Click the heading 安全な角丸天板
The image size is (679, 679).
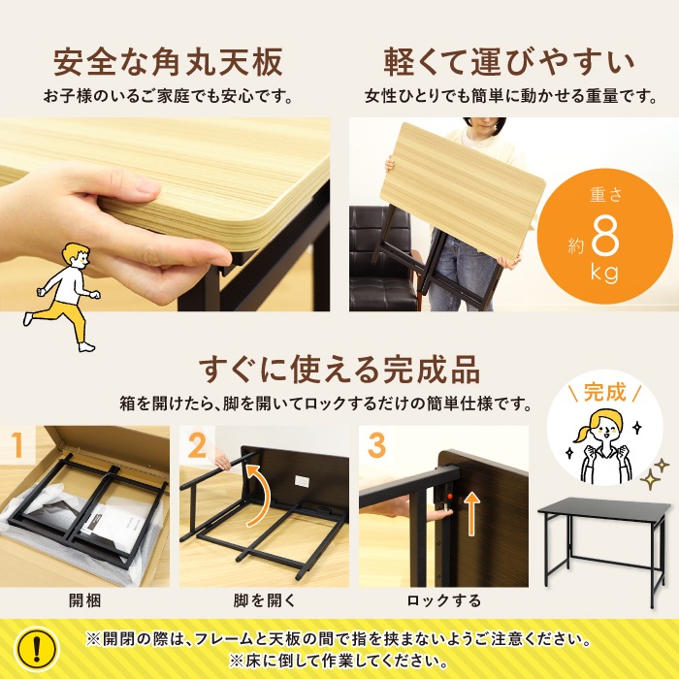click(168, 62)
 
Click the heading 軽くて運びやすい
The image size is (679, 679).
click(509, 62)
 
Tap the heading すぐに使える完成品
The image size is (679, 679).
click(339, 370)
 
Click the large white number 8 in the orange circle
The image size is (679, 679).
click(605, 237)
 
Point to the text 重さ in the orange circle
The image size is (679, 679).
click(605, 195)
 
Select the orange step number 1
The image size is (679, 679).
click(16, 445)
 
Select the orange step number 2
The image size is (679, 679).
click(197, 445)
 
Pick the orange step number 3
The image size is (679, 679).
click(376, 445)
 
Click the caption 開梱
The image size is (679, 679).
click(85, 600)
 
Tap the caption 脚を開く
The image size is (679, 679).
click(264, 600)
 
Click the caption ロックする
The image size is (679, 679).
click(444, 600)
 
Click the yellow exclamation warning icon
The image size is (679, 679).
click(37, 648)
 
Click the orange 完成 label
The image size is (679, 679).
click(605, 392)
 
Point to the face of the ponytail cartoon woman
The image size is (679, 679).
click(606, 430)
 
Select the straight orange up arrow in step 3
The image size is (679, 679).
click(472, 515)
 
